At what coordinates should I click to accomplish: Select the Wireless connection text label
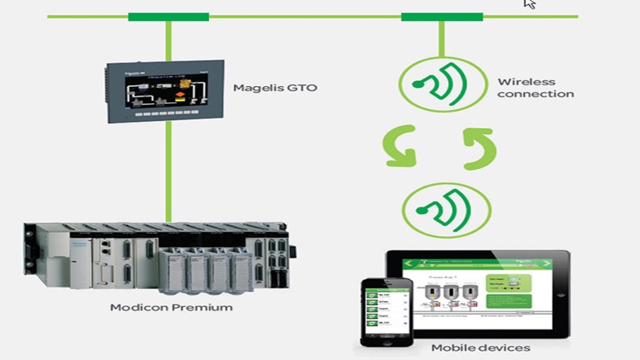click(x=535, y=88)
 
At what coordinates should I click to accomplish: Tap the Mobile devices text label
click(x=480, y=347)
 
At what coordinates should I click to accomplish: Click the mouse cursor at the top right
click(x=529, y=4)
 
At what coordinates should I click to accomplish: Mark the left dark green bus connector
click(x=168, y=16)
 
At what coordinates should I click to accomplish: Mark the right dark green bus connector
click(x=441, y=16)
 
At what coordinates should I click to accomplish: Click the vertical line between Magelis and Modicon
click(x=168, y=171)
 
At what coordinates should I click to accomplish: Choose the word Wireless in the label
click(x=521, y=82)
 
